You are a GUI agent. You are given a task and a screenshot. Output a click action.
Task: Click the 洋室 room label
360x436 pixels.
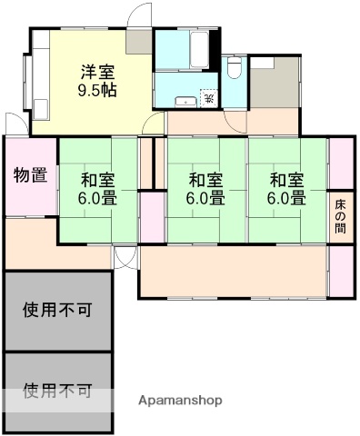[97, 70]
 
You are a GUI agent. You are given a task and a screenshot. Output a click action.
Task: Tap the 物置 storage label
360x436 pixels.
[30, 175]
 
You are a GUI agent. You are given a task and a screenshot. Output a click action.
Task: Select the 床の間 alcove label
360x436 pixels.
[339, 215]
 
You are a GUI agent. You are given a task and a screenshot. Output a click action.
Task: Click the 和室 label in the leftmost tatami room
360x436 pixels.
[96, 178]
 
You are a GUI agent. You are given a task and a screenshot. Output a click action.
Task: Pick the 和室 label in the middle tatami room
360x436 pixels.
[205, 178]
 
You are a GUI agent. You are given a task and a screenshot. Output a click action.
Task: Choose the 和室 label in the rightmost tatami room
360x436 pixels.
[285, 178]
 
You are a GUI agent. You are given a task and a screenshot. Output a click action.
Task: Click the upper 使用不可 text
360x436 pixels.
[56, 310]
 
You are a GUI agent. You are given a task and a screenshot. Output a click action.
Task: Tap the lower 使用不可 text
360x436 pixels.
[56, 391]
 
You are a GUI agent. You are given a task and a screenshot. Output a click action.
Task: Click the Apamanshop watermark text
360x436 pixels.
[179, 400]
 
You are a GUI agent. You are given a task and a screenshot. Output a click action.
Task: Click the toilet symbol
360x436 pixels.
[234, 69]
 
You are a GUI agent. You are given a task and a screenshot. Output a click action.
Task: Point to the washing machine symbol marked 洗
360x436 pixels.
[208, 97]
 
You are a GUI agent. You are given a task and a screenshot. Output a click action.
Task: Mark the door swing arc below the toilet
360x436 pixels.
[235, 124]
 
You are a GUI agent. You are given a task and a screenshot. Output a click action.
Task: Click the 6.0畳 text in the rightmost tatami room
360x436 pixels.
[285, 196]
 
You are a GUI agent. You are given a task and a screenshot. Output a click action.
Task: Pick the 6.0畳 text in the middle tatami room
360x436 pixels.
[205, 196]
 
